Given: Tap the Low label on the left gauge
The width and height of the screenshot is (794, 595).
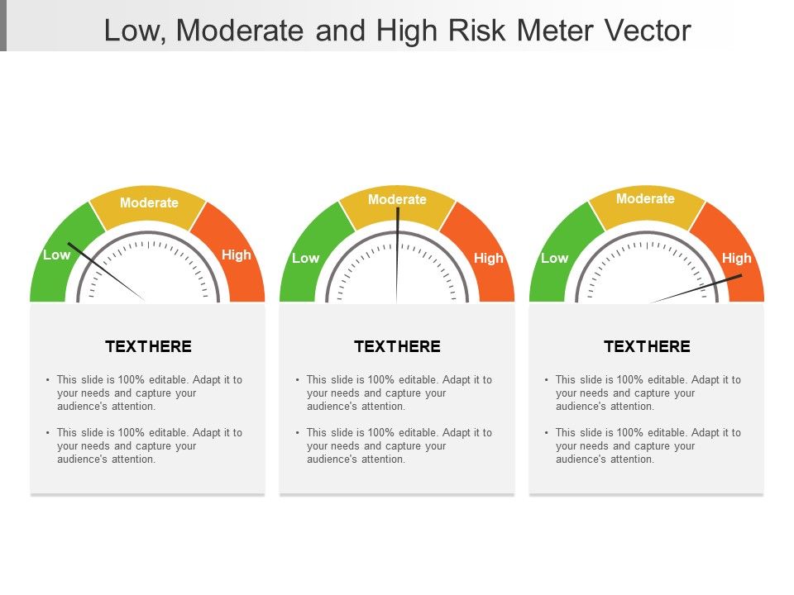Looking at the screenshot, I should [56, 255].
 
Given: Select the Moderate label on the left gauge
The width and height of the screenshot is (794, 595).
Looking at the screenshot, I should [149, 202].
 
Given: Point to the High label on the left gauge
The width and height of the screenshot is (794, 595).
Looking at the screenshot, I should [236, 255].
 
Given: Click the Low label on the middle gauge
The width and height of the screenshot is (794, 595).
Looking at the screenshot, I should [305, 258].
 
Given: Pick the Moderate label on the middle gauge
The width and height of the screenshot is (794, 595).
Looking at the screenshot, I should [397, 199].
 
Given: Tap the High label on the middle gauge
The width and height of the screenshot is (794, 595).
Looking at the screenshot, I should [488, 258].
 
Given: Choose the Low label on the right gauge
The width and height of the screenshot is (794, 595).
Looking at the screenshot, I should [554, 258].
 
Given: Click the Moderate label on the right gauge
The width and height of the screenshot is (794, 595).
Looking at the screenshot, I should [645, 198].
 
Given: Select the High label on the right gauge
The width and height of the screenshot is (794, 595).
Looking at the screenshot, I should [736, 258].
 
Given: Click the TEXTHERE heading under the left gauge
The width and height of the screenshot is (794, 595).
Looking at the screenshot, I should [148, 346].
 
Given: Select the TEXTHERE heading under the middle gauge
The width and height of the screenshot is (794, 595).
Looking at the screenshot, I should [397, 346].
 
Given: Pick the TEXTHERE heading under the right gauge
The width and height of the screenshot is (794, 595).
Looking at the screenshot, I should [647, 346].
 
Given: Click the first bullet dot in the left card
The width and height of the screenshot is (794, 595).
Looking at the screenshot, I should [49, 380].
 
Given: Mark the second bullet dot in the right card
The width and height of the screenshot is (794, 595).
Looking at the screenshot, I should [547, 433].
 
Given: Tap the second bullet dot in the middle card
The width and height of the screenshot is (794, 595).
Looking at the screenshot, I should [298, 433].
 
